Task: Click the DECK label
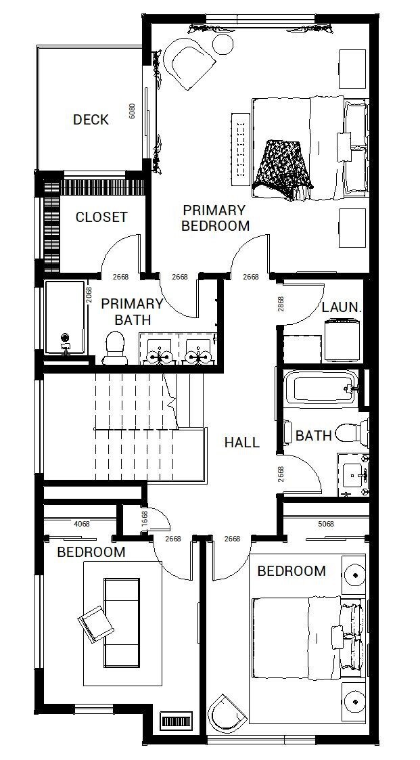[x=91, y=120]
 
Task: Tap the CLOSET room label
[x=101, y=217]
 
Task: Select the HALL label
[x=241, y=443]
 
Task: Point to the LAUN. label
[x=342, y=307]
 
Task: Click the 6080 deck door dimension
[x=133, y=112]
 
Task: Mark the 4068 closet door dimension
[x=81, y=523]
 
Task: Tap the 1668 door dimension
[x=145, y=519]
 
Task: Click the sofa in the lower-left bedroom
[x=121, y=622]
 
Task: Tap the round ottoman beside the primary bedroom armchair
[x=222, y=45]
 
